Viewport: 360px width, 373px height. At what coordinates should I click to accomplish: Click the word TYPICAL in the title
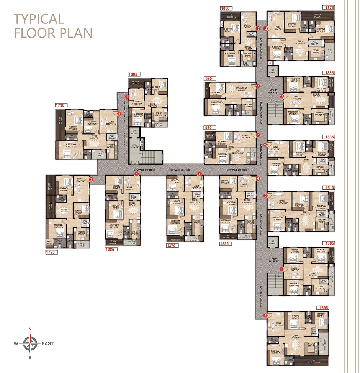coord(38,19)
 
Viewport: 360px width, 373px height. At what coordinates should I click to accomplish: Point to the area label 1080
coord(226,8)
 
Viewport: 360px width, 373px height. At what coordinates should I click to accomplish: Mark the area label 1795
coord(52,252)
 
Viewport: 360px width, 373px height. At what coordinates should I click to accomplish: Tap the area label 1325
coord(226,243)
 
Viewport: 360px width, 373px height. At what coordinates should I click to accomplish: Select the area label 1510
coord(329,187)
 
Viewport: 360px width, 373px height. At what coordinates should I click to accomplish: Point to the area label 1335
coord(329,136)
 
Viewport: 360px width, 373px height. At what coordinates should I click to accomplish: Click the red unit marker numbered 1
coord(127,97)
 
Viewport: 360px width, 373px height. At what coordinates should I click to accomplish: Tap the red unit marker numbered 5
coord(199,174)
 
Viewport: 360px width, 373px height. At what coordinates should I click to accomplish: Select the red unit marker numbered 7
coord(265,315)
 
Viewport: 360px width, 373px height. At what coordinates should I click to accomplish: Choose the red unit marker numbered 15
coord(258,135)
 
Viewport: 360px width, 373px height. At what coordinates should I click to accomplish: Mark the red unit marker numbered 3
coord(91,179)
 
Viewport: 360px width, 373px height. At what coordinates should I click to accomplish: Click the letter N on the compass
coord(30,329)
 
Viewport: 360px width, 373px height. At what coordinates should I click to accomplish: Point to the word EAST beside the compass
coord(48,343)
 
